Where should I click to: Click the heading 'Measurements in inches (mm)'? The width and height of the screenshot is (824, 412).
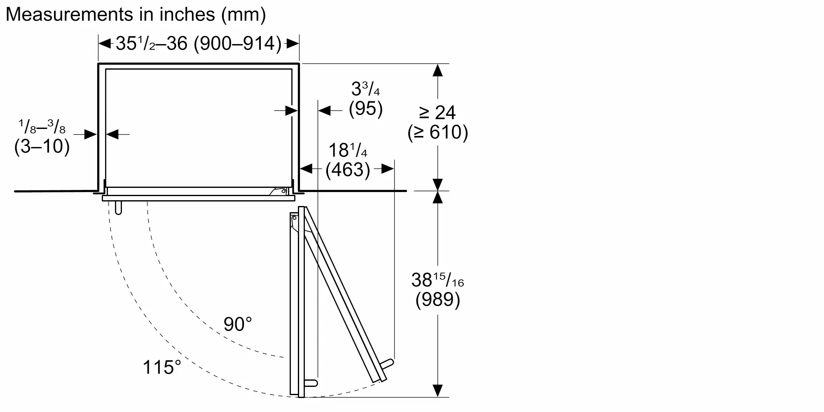point(136,14)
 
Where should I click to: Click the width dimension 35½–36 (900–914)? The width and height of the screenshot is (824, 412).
point(199,43)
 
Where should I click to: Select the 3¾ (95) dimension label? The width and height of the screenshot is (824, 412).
point(366,99)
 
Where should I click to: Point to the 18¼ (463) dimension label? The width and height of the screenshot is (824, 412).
point(348,160)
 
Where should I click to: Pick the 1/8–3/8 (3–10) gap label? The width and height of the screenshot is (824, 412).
point(42,137)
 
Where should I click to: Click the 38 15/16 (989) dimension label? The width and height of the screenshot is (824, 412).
point(438,290)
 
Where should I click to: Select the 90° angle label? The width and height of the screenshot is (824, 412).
point(238,324)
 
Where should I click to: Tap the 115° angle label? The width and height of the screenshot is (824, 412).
point(162,367)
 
